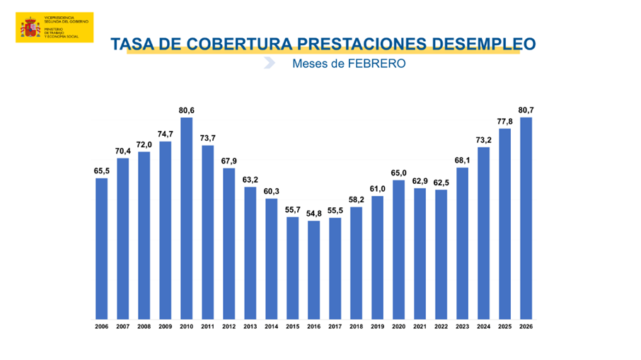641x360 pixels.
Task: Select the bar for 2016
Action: pos(314,269)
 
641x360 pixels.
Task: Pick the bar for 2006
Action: pos(102,248)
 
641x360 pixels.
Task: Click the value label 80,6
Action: pos(187,110)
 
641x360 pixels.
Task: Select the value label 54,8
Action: pos(314,214)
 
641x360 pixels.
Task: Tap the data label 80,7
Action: pos(526,110)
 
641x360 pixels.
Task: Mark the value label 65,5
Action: pos(102,170)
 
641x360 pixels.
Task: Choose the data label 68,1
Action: pos(463,161)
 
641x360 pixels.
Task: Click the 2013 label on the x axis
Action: pos(250,326)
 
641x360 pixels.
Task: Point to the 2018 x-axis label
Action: pos(357,326)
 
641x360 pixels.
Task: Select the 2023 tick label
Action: pos(463,326)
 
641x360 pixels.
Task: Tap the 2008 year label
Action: pos(144,326)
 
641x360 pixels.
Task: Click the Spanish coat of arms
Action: pos(30,28)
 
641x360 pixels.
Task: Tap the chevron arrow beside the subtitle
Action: pos(269,64)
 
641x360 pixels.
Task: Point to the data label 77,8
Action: pos(505,122)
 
